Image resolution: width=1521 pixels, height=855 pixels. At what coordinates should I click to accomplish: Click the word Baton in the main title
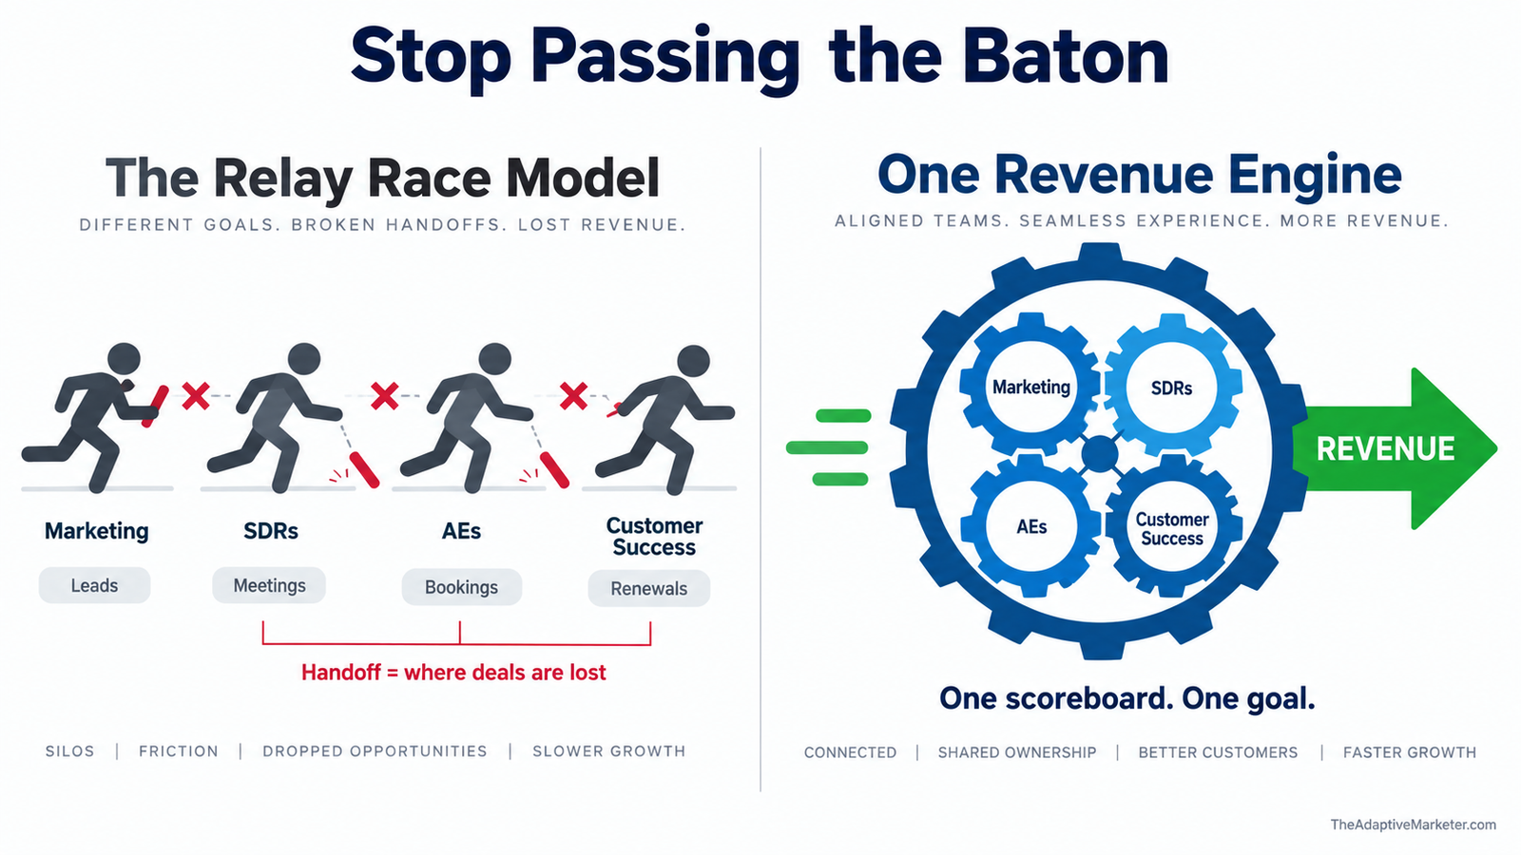tap(1066, 57)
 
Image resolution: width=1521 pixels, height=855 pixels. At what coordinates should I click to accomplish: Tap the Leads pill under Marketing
tap(94, 585)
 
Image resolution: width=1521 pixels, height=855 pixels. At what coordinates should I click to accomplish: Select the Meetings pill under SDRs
tap(269, 585)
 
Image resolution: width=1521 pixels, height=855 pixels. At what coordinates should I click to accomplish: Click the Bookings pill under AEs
tap(462, 587)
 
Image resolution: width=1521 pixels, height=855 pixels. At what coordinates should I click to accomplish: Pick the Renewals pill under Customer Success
tap(649, 588)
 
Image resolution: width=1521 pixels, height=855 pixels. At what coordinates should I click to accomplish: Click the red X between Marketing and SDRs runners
tap(196, 395)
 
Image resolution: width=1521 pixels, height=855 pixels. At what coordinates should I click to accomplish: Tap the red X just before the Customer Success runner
tap(573, 395)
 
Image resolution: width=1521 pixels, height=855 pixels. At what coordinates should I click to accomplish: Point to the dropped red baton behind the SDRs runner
tap(364, 469)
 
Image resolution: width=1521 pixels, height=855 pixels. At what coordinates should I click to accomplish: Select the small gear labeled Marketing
tap(1030, 387)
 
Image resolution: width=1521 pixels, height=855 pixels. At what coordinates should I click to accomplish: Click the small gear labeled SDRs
tap(1172, 388)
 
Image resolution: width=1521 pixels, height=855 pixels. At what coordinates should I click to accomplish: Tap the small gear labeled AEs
tap(1030, 526)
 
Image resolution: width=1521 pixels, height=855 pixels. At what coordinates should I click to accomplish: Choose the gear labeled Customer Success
tap(1172, 528)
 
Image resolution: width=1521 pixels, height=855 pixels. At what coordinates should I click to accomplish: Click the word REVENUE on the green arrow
tap(1385, 448)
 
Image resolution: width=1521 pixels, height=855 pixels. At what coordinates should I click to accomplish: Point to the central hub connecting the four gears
tap(1100, 454)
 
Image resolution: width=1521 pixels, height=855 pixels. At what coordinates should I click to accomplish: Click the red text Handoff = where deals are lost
tap(453, 673)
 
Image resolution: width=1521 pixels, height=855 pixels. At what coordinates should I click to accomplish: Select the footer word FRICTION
tap(179, 751)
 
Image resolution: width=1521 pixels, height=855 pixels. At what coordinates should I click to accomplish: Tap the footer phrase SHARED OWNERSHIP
tap(1017, 752)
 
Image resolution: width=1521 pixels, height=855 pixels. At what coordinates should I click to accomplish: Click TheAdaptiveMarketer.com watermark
tap(1413, 825)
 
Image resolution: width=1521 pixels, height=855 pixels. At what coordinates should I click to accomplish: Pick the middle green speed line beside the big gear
tap(827, 447)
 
